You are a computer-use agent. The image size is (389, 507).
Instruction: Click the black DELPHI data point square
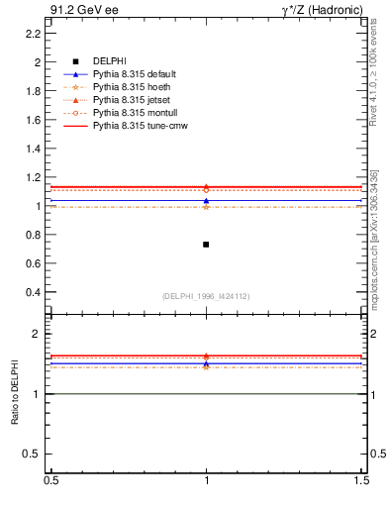click(206, 244)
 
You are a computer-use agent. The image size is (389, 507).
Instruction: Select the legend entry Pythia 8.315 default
click(134, 75)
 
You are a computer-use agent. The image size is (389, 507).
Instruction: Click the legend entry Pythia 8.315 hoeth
click(130, 88)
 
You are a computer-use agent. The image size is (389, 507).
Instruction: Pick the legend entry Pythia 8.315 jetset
click(131, 101)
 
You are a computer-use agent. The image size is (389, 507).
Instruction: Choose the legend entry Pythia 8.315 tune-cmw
click(140, 127)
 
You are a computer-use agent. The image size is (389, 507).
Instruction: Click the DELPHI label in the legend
click(111, 62)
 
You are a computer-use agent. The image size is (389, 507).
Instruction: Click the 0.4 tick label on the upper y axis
click(33, 293)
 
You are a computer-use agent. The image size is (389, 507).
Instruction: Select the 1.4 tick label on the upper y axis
click(33, 149)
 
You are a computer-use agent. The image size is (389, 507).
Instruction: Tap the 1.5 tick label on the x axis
click(362, 480)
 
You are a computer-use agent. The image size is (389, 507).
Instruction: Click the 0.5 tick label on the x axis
click(50, 480)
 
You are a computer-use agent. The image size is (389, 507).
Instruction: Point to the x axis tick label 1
click(206, 480)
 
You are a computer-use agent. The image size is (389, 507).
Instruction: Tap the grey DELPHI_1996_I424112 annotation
click(206, 296)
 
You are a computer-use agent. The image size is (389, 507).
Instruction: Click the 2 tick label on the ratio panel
click(37, 335)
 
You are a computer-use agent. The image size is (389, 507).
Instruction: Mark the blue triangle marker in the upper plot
click(206, 201)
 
